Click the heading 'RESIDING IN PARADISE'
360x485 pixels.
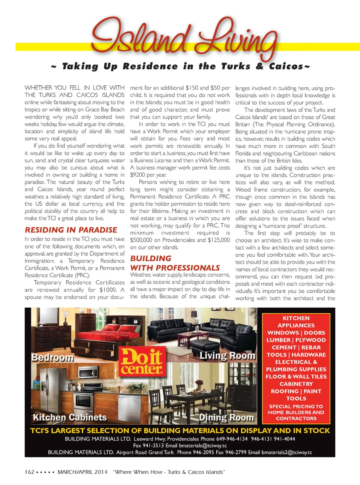click(x=71, y=230)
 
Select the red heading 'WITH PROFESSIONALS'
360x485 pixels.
click(x=175, y=268)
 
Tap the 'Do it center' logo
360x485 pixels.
click(x=142, y=362)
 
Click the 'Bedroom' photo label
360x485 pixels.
click(x=52, y=357)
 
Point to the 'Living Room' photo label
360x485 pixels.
click(x=227, y=355)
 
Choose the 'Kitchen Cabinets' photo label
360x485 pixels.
click(x=70, y=417)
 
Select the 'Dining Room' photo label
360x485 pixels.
click(x=226, y=417)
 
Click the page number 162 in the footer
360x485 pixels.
click(x=29, y=472)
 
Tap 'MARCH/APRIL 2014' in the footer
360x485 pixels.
click(x=82, y=472)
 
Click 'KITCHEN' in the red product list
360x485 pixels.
click(x=296, y=318)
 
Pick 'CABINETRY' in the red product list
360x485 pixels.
click(x=296, y=384)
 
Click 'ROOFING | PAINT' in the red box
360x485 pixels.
click(x=296, y=391)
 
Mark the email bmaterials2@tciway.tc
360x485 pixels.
click(x=286, y=452)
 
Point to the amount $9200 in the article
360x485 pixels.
click(x=137, y=175)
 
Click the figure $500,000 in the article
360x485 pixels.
click(x=141, y=240)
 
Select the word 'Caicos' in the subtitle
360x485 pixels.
click(x=286, y=67)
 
